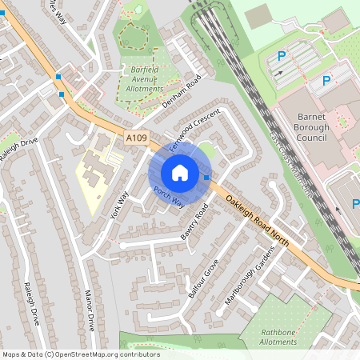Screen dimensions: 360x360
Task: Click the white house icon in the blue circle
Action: [x=180, y=172]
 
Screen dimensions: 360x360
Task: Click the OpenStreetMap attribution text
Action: [x=81, y=354]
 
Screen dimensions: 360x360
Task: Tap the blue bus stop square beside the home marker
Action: [x=207, y=177]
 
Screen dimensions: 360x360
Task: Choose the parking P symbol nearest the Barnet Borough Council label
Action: [x=326, y=81]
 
